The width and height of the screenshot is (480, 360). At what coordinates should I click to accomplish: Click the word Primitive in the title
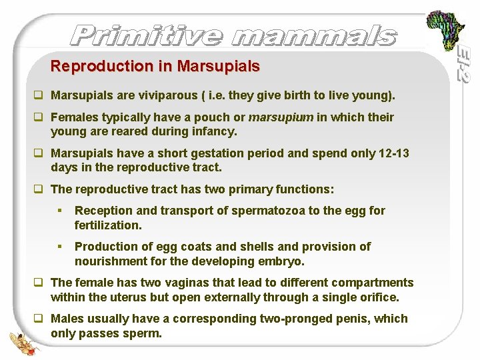click(x=145, y=35)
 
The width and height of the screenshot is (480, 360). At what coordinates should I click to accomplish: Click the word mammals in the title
click(x=312, y=35)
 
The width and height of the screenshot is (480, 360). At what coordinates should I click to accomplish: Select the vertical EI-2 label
click(x=463, y=64)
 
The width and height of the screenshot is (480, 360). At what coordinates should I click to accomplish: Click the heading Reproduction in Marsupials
click(x=155, y=67)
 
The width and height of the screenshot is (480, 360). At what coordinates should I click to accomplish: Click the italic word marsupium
click(x=281, y=117)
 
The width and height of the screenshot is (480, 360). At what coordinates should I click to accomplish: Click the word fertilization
click(x=108, y=225)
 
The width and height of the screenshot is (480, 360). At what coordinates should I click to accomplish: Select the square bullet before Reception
click(x=59, y=211)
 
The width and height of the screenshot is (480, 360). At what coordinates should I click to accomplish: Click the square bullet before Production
click(x=59, y=247)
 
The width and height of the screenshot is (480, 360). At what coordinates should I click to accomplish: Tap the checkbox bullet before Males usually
click(x=41, y=319)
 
